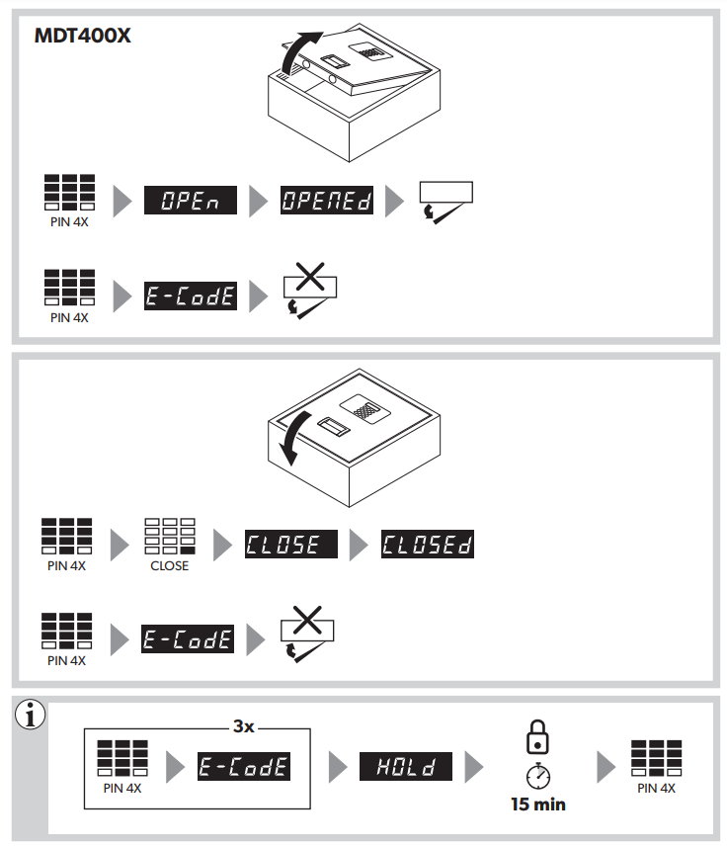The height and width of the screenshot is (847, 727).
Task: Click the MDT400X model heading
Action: (83, 36)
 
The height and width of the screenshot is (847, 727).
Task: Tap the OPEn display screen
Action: (191, 200)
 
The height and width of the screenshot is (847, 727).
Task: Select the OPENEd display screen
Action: (327, 200)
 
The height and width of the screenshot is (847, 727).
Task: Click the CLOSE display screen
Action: (291, 544)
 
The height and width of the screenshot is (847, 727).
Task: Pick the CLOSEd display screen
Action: (428, 544)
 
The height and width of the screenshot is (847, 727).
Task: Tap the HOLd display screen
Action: (406, 766)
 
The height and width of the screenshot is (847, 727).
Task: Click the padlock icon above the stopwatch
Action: (537, 737)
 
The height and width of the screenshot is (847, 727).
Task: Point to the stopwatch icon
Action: (538, 776)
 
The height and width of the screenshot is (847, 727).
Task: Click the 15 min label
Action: (538, 805)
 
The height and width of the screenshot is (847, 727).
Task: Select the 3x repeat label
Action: (243, 726)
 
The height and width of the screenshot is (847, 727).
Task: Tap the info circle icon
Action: (31, 715)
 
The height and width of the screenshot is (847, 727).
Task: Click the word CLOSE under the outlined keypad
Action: (170, 565)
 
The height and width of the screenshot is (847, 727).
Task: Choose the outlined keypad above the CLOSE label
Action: (170, 536)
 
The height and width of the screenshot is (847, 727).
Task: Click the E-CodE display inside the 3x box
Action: (244, 766)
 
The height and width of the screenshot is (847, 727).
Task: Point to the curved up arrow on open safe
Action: (299, 52)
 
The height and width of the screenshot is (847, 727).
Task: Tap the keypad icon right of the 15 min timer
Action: (656, 758)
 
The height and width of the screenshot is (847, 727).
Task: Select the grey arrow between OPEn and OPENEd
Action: (259, 201)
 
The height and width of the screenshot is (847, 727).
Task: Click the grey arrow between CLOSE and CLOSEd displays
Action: (359, 545)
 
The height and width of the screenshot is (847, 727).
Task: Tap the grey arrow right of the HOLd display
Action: (474, 767)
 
